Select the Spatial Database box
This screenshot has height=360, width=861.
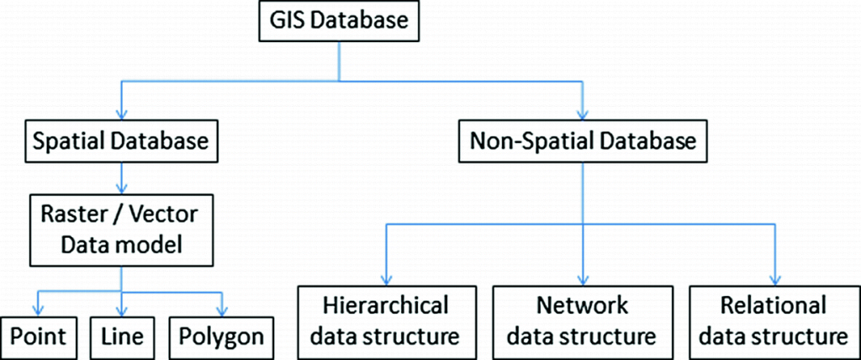(124, 140)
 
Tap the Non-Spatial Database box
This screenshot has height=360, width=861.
(581, 140)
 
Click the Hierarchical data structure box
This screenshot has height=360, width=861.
(386, 320)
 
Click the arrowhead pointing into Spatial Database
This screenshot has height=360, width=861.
(124, 114)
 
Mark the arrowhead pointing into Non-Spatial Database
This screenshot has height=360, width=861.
(581, 114)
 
